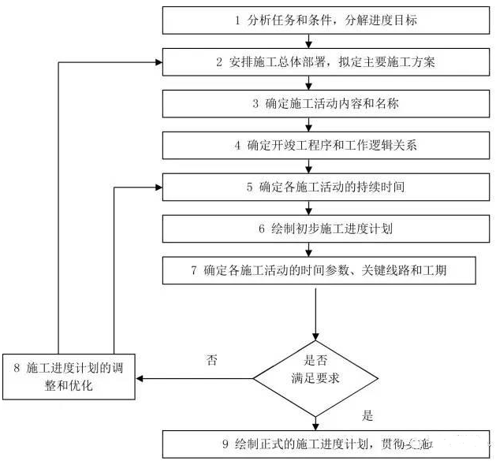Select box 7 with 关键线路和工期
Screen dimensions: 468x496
pos(320,271)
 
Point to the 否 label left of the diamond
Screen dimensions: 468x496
pos(212,360)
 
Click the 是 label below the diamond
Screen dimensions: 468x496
pos(367,415)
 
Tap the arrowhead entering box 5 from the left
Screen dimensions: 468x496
pos(158,188)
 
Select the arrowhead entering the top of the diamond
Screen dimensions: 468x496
pos(315,336)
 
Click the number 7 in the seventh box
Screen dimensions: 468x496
pos(193,271)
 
